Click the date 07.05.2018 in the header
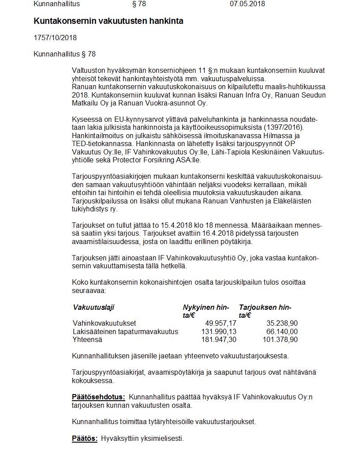point(247,4)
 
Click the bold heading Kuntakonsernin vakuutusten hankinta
point(108,21)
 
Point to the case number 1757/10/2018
point(55,38)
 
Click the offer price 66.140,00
point(281,331)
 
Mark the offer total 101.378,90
point(280,339)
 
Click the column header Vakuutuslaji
point(93,308)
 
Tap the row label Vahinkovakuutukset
point(104,323)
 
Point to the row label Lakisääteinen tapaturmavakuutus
point(125,331)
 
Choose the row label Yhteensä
point(87,339)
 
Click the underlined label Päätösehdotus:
point(98,397)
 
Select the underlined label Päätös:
point(85,439)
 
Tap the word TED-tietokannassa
point(102,144)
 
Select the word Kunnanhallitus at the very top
point(56,4)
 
